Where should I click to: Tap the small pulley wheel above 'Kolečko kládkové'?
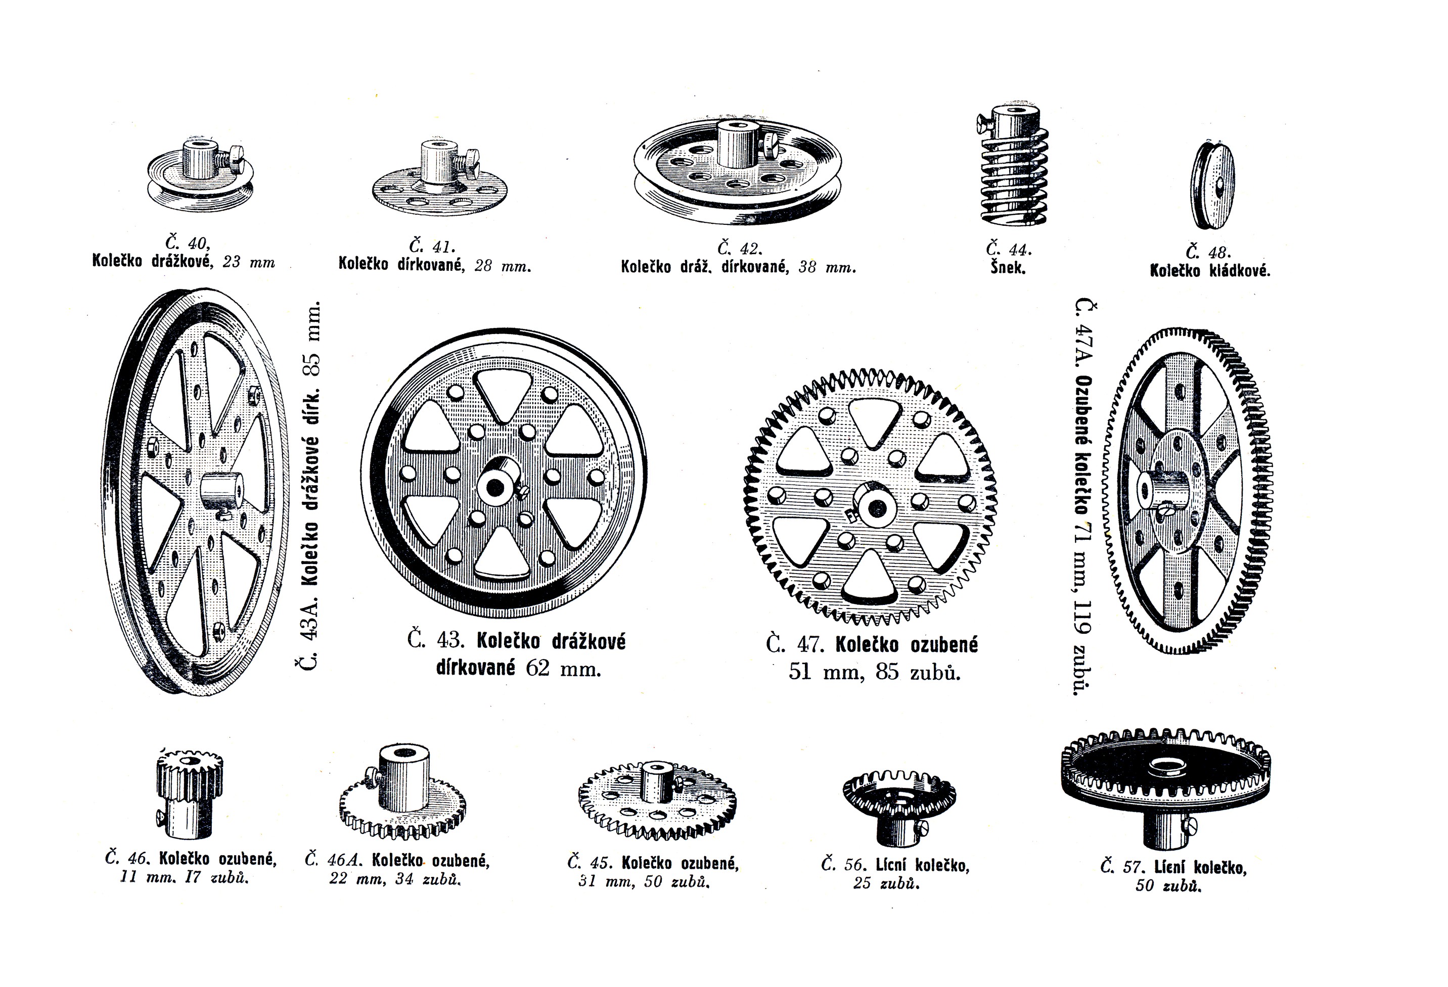[x=1212, y=185]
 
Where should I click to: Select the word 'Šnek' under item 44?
[x=1008, y=268]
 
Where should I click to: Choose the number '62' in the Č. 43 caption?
[x=538, y=668]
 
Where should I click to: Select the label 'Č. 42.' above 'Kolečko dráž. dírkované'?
[x=740, y=249]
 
